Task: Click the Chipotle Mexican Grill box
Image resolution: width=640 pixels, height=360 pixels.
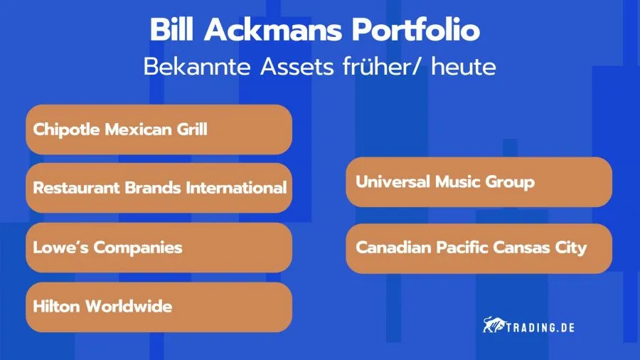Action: [159, 129]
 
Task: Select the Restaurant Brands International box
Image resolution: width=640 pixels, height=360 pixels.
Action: [159, 188]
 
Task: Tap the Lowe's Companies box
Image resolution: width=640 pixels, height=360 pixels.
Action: [159, 248]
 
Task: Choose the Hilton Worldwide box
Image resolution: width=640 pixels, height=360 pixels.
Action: [159, 307]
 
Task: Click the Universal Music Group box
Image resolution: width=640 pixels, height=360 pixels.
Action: [479, 182]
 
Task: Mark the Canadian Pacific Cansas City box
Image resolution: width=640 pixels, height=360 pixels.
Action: [479, 248]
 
